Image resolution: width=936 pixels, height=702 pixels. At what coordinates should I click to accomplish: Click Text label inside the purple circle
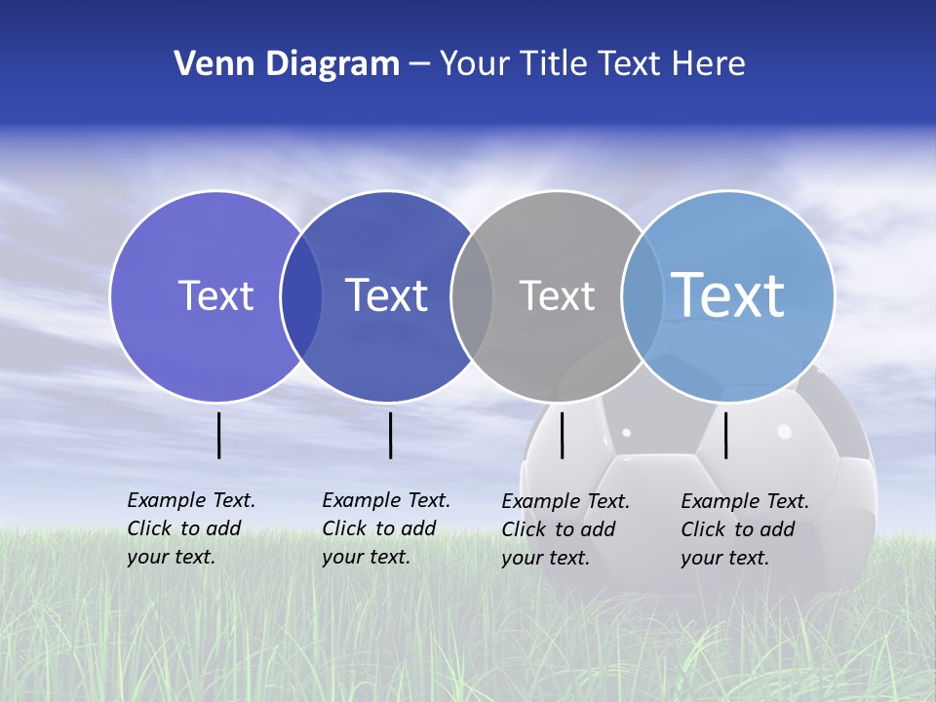[x=215, y=295]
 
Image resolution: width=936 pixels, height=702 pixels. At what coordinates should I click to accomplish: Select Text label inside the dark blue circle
[x=387, y=295]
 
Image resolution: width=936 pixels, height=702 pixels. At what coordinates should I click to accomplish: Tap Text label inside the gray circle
[x=557, y=295]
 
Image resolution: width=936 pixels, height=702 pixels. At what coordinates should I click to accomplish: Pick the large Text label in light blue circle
[x=728, y=294]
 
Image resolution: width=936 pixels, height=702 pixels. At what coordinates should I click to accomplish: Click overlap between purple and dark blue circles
[x=301, y=296]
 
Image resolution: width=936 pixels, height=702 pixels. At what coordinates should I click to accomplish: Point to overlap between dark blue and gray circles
[x=472, y=296]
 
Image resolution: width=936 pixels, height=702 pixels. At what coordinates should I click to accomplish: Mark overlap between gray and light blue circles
[x=642, y=296]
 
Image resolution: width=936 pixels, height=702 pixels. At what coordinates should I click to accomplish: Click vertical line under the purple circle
[x=219, y=435]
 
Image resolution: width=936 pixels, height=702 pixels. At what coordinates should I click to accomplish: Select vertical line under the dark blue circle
[x=390, y=435]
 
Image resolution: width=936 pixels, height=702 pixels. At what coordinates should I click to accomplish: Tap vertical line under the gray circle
[x=563, y=435]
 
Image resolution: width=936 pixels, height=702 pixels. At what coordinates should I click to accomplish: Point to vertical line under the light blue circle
[x=726, y=435]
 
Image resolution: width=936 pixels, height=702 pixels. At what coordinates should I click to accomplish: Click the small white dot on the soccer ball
[x=626, y=432]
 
